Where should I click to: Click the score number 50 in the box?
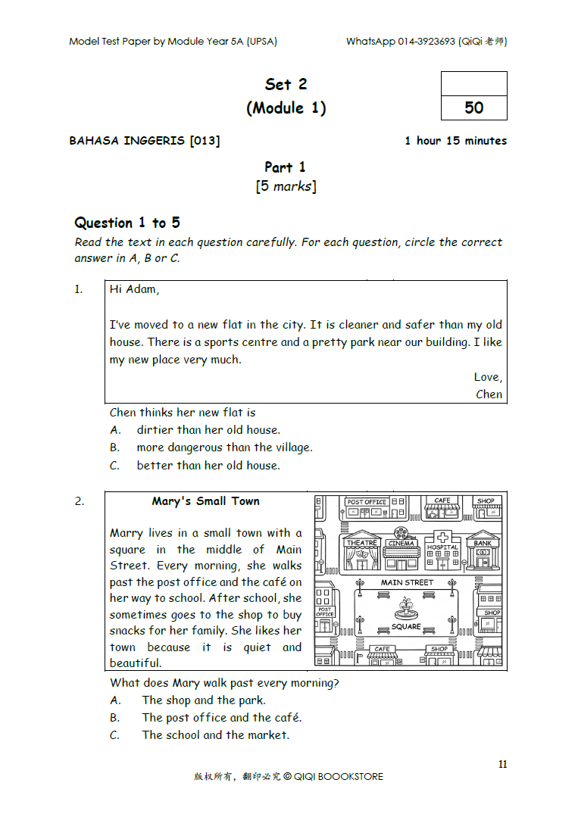point(473,108)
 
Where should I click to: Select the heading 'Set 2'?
point(286,84)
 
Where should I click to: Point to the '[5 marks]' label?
point(286,186)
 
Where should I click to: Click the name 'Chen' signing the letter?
point(489,394)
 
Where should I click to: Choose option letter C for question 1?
point(114,466)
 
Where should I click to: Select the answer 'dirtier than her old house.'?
point(208,430)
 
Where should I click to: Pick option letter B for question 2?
point(114,718)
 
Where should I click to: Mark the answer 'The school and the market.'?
point(215,735)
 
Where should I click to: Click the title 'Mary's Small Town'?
point(205,501)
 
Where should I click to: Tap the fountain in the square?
point(406,608)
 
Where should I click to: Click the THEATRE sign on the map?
point(361,543)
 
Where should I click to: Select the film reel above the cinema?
point(400,532)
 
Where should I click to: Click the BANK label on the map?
point(483,543)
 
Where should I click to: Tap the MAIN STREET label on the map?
point(407,582)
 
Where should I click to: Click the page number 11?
point(503,765)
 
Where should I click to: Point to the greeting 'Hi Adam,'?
point(134,289)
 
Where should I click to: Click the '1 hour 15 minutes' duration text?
point(455,141)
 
